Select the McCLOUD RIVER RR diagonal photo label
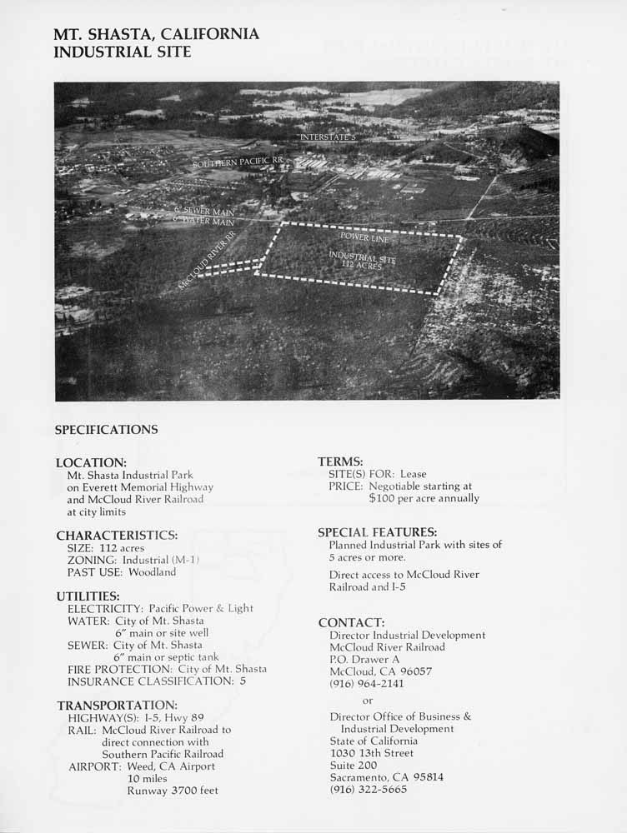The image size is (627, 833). [207, 261]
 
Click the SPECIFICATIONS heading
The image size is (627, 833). [106, 430]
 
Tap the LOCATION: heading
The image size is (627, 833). [91, 462]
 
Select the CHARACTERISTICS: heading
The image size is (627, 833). [117, 535]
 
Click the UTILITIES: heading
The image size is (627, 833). [88, 596]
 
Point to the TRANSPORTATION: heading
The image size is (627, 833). [117, 705]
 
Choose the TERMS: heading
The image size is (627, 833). [340, 461]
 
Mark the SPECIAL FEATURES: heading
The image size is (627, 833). [378, 531]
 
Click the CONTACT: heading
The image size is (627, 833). [351, 622]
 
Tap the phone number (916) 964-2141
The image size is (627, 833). [367, 683]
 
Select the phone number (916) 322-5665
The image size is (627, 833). [368, 789]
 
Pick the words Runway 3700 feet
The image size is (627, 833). [173, 791]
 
